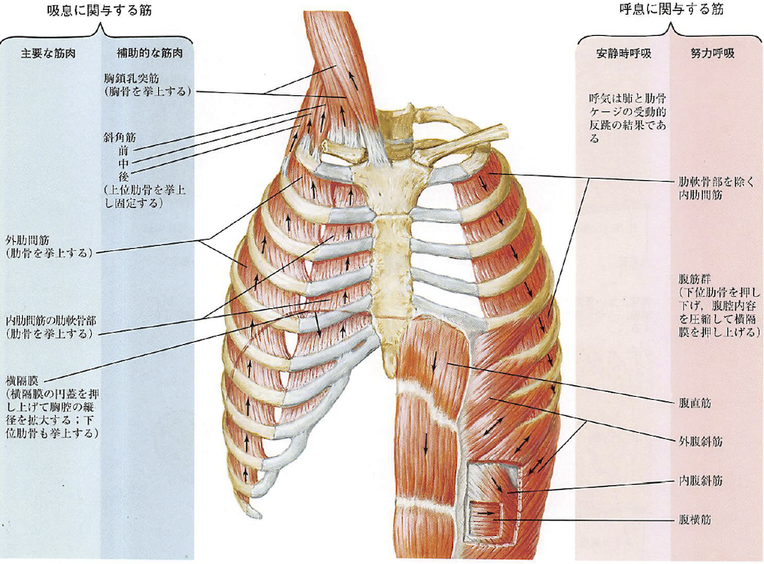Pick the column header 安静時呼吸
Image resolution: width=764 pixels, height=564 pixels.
click(621, 54)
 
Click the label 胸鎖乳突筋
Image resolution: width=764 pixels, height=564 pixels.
click(131, 78)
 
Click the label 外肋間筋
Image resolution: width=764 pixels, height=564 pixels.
click(28, 238)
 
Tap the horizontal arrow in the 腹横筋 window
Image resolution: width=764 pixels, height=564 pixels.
click(484, 514)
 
